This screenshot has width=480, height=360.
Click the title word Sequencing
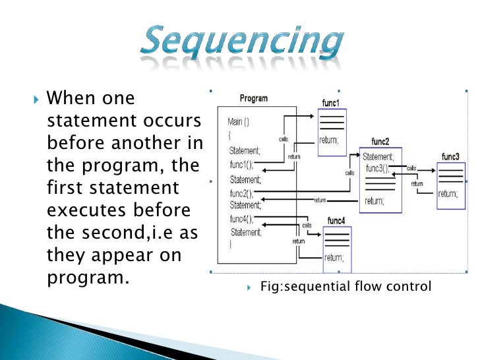[242, 42]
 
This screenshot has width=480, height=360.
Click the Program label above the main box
[254, 98]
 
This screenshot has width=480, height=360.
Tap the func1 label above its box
[331, 104]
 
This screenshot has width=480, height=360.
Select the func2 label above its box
[380, 141]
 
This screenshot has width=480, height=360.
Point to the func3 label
[451, 156]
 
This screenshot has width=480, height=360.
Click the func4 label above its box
[336, 220]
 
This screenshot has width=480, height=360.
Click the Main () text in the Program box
[239, 122]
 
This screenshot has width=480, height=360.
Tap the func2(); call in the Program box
[242, 193]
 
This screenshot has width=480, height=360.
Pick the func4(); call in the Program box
[242, 219]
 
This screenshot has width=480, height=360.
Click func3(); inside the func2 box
[377, 169]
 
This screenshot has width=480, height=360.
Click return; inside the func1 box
[330, 140]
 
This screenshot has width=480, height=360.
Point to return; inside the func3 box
[448, 193]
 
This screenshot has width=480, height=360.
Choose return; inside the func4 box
[334, 258]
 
